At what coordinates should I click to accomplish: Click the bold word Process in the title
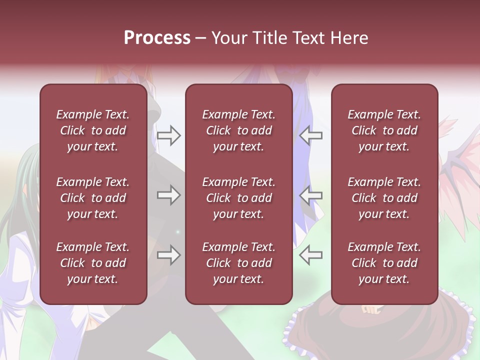pyautogui.click(x=157, y=38)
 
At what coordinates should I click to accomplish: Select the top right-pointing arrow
pyautogui.click(x=169, y=135)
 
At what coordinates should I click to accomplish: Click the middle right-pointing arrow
pyautogui.click(x=169, y=195)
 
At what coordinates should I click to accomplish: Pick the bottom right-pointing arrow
pyautogui.click(x=169, y=255)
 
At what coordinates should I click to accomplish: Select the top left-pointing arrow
pyautogui.click(x=310, y=135)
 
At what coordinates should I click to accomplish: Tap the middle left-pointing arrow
pyautogui.click(x=310, y=195)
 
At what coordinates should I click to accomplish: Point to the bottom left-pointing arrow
pyautogui.click(x=310, y=255)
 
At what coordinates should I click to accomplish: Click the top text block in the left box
pyautogui.click(x=93, y=130)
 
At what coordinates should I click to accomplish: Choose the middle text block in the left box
pyautogui.click(x=93, y=198)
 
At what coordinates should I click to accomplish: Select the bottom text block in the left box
pyautogui.click(x=93, y=263)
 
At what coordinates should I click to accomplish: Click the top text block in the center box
pyautogui.click(x=239, y=130)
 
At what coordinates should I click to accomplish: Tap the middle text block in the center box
pyautogui.click(x=239, y=198)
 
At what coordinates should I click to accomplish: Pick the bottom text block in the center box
pyautogui.click(x=239, y=263)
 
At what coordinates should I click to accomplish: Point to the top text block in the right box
pyautogui.click(x=384, y=130)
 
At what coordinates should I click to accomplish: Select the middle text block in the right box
pyautogui.click(x=384, y=198)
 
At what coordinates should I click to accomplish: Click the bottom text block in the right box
pyautogui.click(x=384, y=263)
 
